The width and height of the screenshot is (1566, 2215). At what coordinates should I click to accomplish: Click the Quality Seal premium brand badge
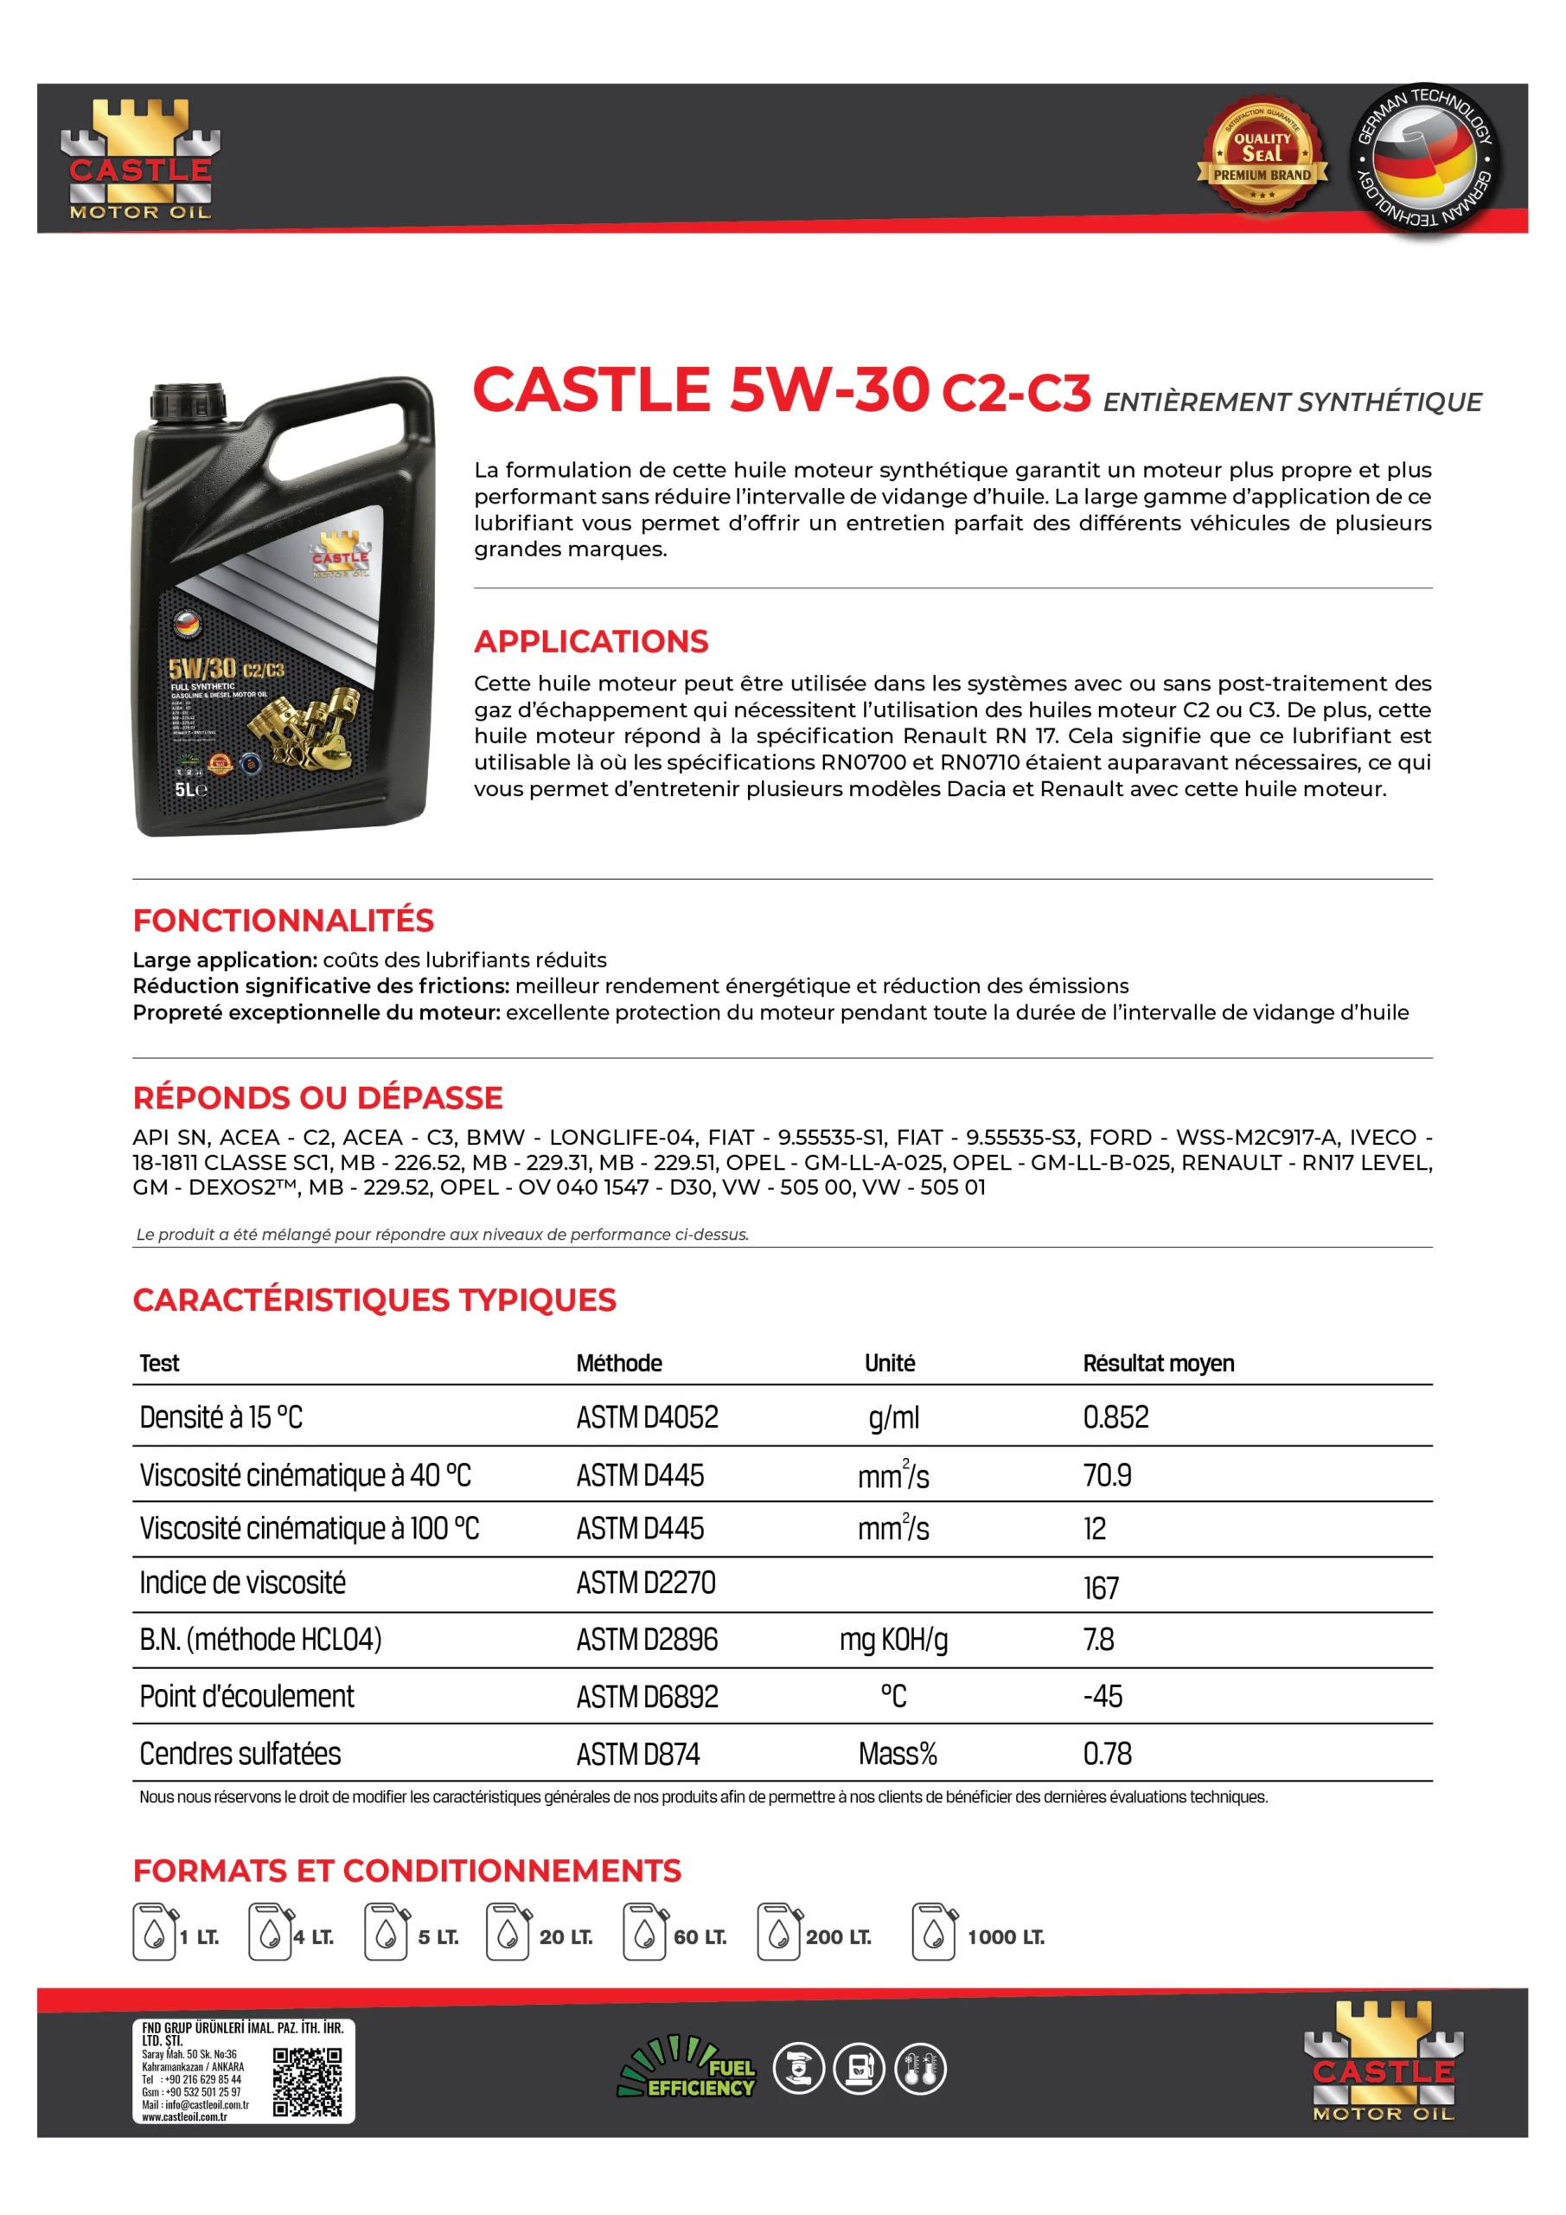coord(1262,157)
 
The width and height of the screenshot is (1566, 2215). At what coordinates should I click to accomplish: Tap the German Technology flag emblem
coord(1423,158)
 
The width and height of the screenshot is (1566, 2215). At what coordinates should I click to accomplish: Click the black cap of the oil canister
coord(188,401)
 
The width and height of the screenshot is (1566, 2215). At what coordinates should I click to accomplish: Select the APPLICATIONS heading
coord(591,641)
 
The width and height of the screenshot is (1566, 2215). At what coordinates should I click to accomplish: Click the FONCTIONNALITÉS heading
coord(284,921)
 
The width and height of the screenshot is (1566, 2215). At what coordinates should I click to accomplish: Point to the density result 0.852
coord(1115,1417)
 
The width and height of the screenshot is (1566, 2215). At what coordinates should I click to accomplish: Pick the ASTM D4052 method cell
coord(647,1417)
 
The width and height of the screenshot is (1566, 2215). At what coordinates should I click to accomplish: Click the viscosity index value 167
coord(1100,1587)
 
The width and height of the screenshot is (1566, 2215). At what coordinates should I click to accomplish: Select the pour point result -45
coord(1103,1696)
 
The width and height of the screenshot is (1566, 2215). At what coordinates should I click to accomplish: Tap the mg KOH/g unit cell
coord(893,1640)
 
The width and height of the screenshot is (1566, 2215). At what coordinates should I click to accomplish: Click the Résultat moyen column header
coord(1158,1363)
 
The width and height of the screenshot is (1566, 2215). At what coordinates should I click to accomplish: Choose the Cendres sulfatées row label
coord(240,1754)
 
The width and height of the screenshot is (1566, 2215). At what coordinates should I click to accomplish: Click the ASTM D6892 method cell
coord(647,1697)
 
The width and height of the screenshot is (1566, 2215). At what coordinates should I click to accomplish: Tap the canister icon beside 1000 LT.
coord(933,1932)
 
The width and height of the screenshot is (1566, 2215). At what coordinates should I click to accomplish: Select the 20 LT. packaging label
coord(566,1937)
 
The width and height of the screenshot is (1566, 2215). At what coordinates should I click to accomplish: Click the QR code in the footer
coord(307,2083)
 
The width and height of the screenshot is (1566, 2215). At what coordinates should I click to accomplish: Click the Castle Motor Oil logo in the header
coord(140,160)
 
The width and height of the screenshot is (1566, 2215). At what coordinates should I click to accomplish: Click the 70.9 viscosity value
coord(1107,1475)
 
